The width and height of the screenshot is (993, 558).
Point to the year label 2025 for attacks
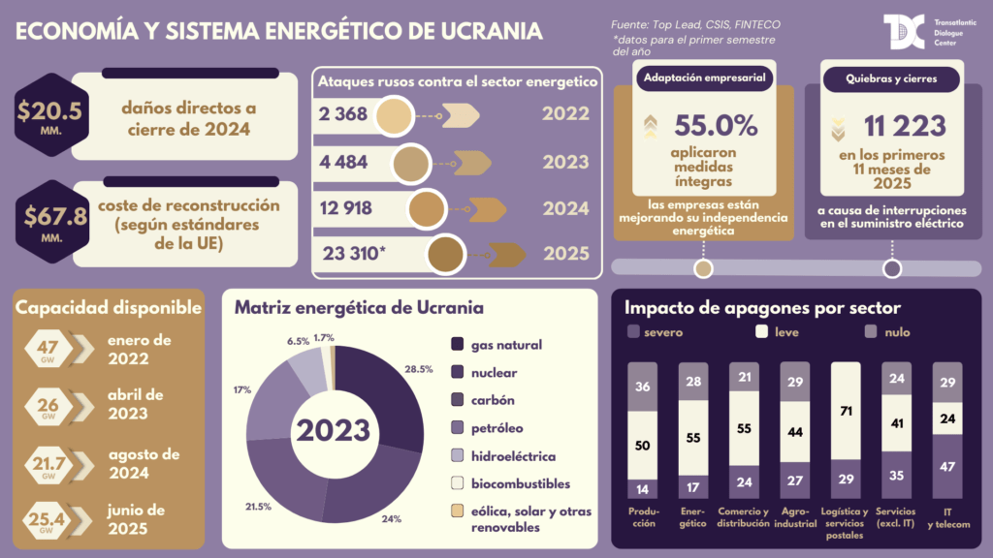tap(565, 254)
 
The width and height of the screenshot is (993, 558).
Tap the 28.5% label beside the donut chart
tap(418, 370)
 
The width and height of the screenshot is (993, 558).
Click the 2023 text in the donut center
tap(333, 430)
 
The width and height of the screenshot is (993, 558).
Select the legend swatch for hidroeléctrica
tap(459, 456)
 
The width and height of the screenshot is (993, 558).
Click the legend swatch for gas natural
tap(459, 345)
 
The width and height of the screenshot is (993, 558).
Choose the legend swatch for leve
tap(762, 332)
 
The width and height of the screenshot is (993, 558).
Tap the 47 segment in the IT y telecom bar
tap(946, 466)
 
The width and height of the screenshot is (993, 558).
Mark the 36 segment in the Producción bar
tap(642, 387)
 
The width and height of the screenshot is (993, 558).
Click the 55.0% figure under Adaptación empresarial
tap(716, 126)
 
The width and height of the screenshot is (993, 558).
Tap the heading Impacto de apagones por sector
tap(763, 308)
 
